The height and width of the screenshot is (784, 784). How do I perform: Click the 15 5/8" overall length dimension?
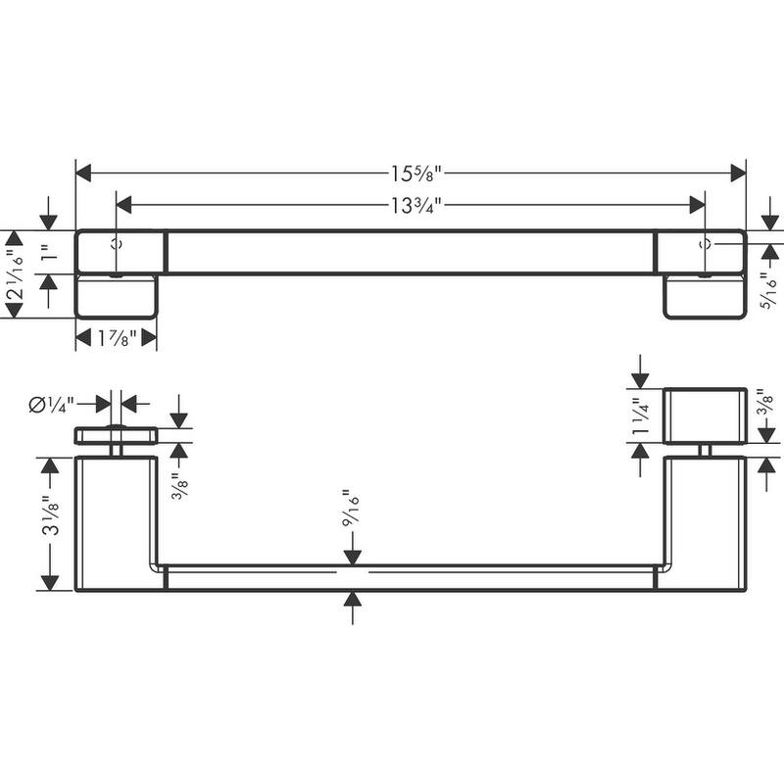(x=411, y=173)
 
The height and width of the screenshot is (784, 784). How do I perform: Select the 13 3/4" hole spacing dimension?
(x=411, y=204)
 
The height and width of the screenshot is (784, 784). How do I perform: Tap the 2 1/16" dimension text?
(x=14, y=273)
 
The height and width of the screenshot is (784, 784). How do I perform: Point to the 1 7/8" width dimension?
(x=116, y=338)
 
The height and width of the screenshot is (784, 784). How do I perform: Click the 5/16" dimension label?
(x=771, y=291)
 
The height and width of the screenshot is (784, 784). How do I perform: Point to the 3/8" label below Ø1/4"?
(x=178, y=483)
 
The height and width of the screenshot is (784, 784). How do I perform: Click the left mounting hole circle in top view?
(x=117, y=243)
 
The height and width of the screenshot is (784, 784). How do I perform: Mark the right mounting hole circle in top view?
(x=705, y=243)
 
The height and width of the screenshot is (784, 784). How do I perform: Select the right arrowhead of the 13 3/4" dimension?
(x=698, y=204)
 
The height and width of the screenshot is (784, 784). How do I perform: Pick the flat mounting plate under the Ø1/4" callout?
(x=117, y=436)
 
